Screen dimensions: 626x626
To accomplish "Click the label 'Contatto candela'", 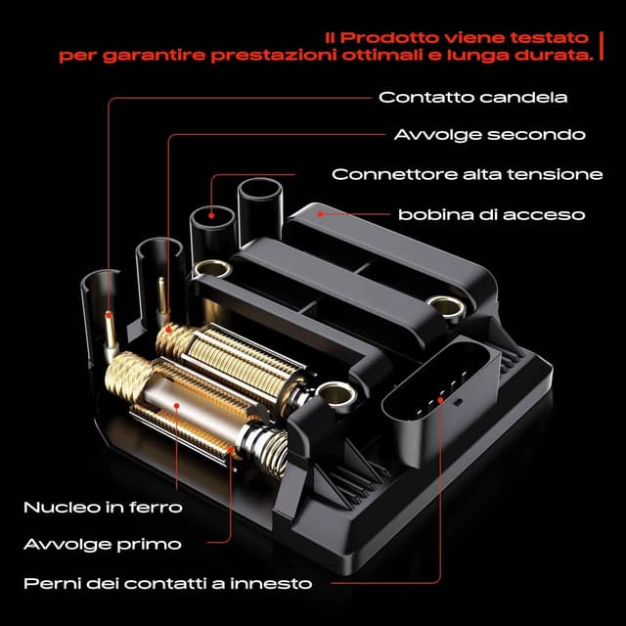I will pos(473,98).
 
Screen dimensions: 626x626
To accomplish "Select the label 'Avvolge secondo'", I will pos(489,135).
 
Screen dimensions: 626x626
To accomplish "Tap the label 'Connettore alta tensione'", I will pos(467,174).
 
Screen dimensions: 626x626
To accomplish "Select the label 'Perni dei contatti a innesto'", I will pos(167,584).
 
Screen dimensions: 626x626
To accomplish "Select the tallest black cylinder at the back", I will pos(260,210).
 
